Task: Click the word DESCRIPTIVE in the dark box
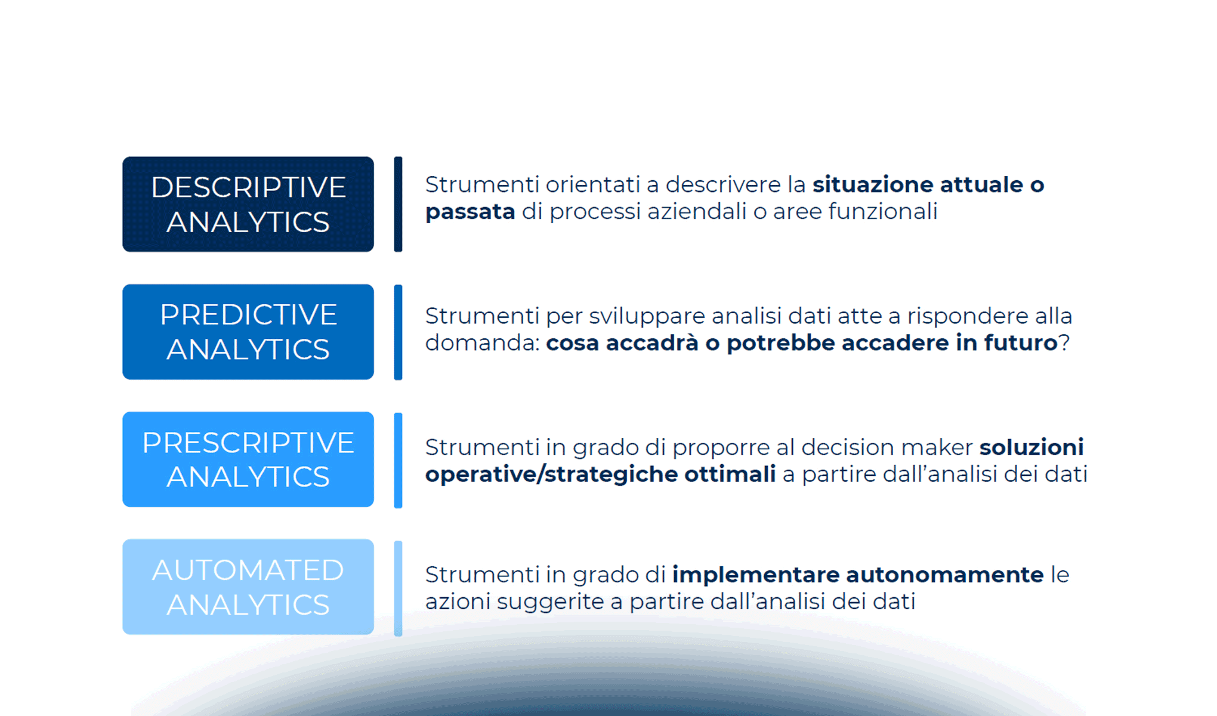(248, 187)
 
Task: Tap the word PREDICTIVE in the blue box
(248, 314)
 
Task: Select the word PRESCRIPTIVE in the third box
(248, 443)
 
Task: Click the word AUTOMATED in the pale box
(248, 570)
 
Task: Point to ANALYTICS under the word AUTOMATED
(248, 605)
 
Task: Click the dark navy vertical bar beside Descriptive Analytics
(398, 204)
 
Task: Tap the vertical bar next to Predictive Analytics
(398, 332)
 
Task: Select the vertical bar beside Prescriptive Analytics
(398, 460)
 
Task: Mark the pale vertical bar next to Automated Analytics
(398, 588)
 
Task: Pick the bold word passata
(470, 212)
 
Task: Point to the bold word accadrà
(652, 343)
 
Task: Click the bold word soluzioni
(1031, 447)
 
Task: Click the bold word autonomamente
(945, 575)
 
